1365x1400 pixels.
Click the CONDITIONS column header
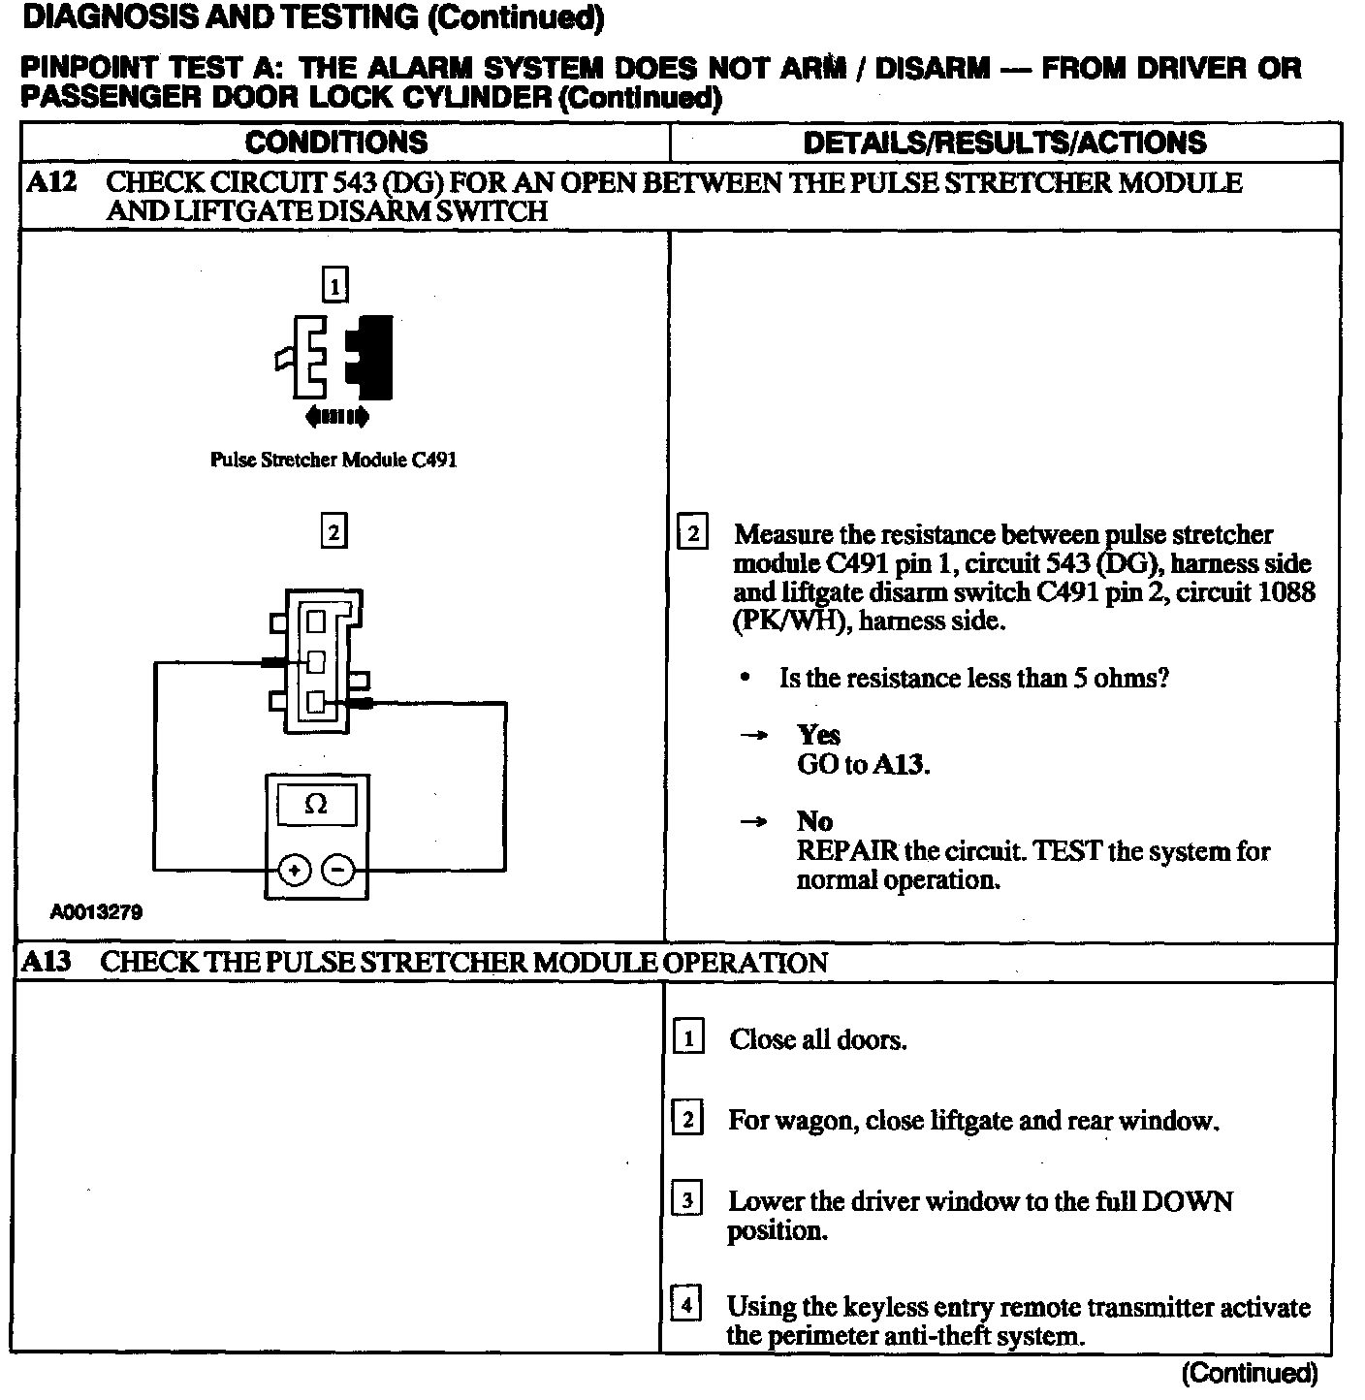[x=335, y=143]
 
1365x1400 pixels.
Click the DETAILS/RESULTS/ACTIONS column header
[x=1004, y=143]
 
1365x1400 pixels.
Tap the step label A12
[x=50, y=182]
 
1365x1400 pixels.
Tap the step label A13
[x=48, y=962]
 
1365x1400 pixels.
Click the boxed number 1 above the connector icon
[x=334, y=286]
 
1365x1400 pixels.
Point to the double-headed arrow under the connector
[x=335, y=418]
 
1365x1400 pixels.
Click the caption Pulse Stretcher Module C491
[x=333, y=460]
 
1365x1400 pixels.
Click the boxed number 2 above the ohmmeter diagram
[x=333, y=532]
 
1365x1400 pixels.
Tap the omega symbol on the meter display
[x=316, y=805]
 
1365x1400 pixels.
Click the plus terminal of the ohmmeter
[x=294, y=871]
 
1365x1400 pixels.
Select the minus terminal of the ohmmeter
[x=338, y=871]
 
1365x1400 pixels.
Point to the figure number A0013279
[x=97, y=912]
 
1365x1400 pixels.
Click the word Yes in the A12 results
[x=818, y=735]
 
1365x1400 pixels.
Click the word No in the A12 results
[x=814, y=822]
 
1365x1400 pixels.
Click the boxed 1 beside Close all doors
[x=687, y=1038]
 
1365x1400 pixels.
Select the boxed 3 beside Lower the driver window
[x=686, y=1201]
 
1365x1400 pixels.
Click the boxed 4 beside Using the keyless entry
[x=685, y=1306]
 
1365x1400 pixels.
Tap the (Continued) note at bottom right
[x=1250, y=1373]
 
